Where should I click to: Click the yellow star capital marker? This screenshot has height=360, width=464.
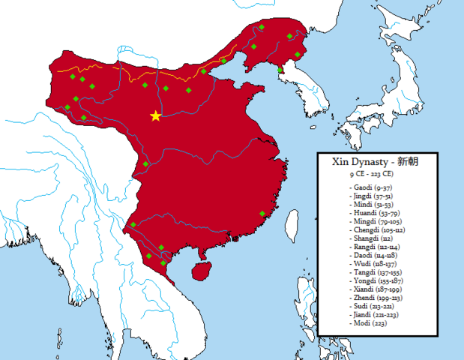155,115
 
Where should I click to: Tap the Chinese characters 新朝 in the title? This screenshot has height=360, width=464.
403,161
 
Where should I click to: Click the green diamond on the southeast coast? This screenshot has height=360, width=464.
262,214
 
